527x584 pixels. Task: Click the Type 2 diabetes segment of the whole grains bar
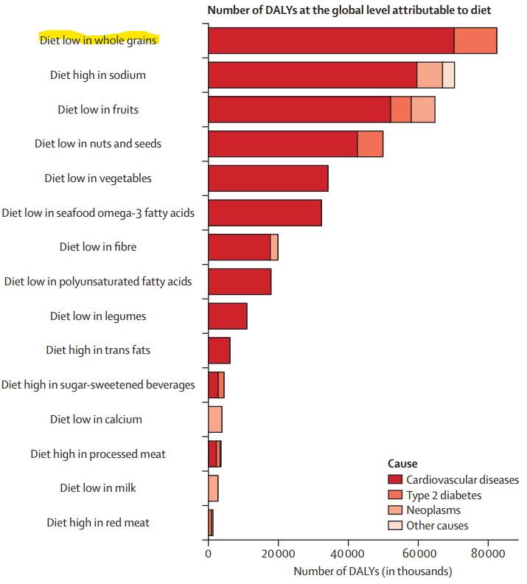click(x=475, y=41)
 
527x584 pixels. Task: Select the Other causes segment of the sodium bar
click(x=448, y=75)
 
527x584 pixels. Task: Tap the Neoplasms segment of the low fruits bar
click(x=423, y=109)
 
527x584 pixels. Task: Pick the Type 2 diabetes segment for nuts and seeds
click(x=370, y=144)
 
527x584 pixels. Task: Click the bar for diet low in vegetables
click(x=268, y=178)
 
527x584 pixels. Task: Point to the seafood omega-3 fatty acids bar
click(x=265, y=212)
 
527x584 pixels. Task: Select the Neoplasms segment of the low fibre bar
click(x=274, y=247)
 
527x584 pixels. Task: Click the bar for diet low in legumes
click(x=228, y=316)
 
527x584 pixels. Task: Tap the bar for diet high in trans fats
click(x=219, y=350)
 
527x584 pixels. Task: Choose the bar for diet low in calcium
click(x=215, y=420)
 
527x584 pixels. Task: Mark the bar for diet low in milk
click(x=213, y=488)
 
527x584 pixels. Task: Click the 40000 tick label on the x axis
click(x=348, y=554)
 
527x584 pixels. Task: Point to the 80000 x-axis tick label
click(x=488, y=554)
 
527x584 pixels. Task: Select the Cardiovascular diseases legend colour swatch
click(x=395, y=479)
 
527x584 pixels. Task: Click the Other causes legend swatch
click(x=395, y=525)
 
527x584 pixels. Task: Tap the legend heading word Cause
click(x=402, y=464)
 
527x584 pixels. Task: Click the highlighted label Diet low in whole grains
click(x=98, y=41)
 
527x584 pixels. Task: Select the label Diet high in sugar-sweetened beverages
click(x=98, y=385)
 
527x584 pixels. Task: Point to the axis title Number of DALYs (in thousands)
click(x=373, y=571)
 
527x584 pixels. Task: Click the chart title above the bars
click(x=349, y=10)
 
